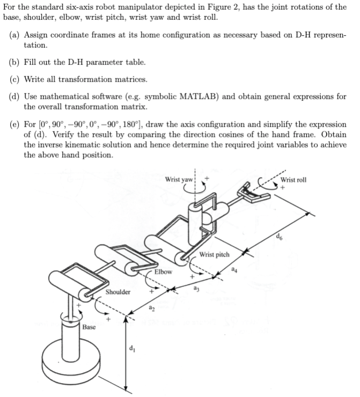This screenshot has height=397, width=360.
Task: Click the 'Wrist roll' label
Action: coord(293,179)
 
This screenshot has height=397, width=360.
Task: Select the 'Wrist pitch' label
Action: coord(214,254)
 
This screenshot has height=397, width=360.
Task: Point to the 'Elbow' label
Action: coord(163,271)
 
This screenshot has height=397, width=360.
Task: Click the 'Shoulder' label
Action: coord(117,292)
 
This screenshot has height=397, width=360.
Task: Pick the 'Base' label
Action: coord(89,327)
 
